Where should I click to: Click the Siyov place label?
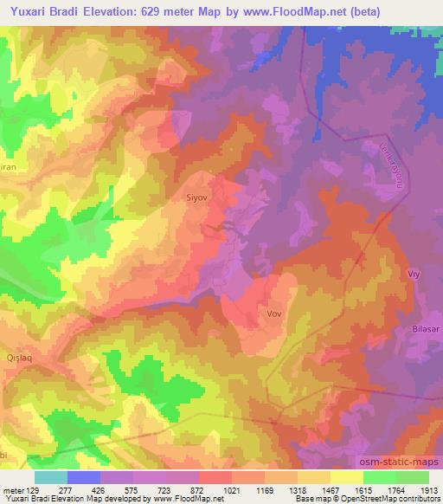pyautogui.click(x=198, y=197)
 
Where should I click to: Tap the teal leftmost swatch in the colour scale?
pyautogui.click(x=51, y=477)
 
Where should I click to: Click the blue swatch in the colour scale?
pyautogui.click(x=84, y=477)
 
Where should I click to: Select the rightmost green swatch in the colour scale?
pyautogui.click(x=413, y=477)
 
